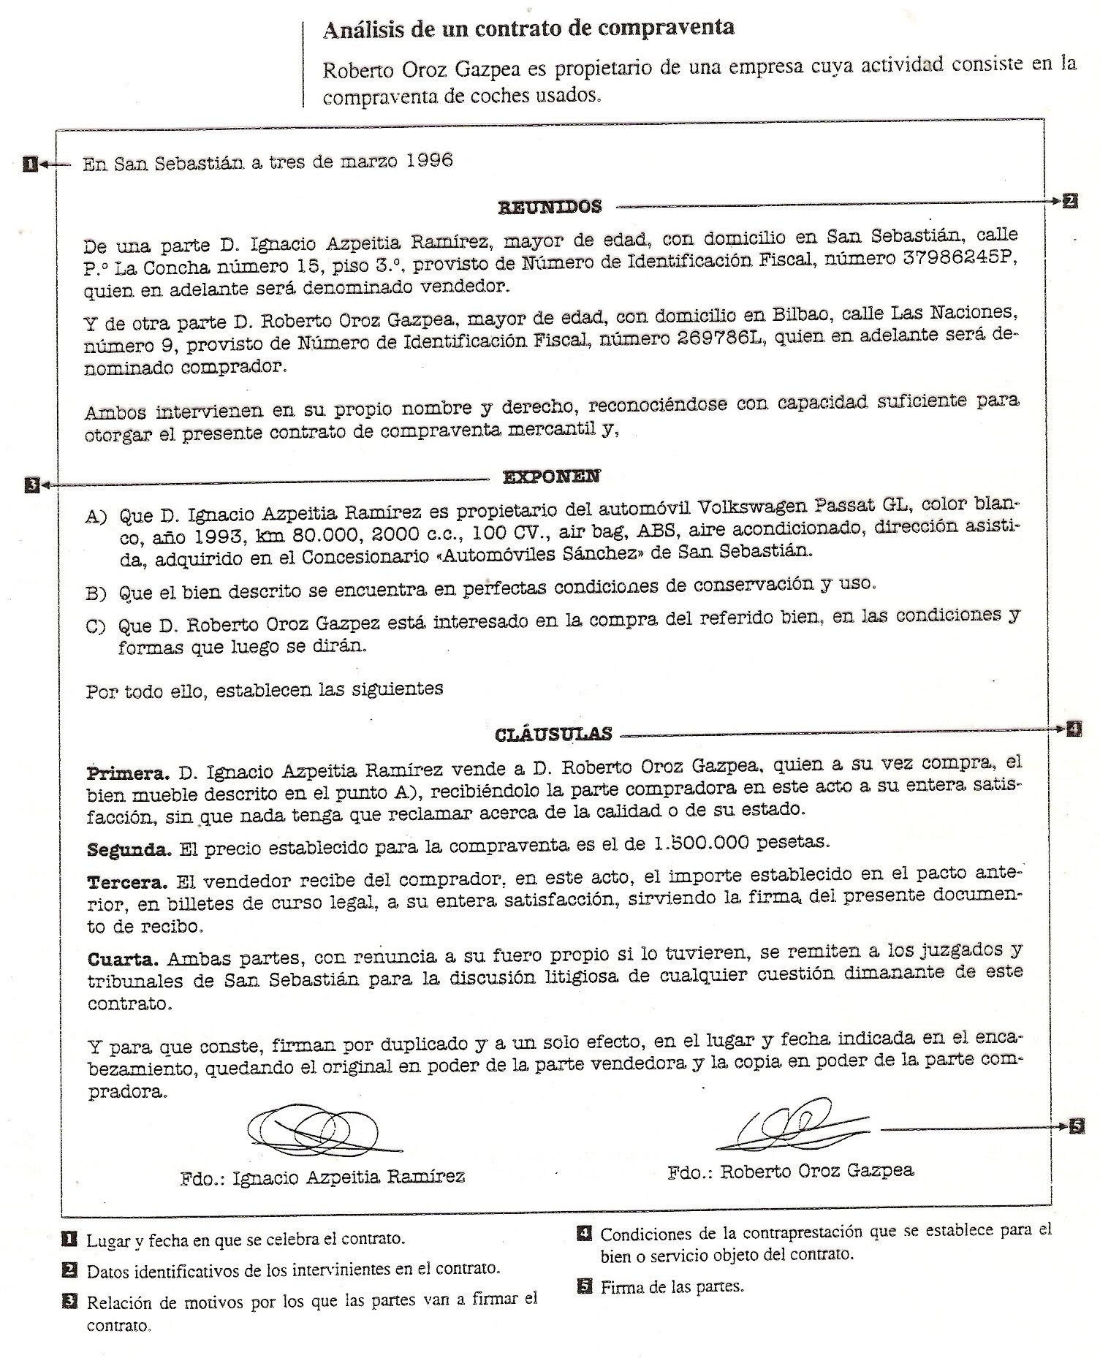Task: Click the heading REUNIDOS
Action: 550,207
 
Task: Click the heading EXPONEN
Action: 551,477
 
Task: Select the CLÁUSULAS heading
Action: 553,734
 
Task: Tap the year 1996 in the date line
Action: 429,160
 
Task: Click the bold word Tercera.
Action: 127,882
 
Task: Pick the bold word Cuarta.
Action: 122,959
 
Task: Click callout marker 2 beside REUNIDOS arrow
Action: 1069,201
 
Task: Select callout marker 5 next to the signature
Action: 1077,1126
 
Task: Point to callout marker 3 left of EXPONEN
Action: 31,484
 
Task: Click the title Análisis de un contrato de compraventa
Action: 528,29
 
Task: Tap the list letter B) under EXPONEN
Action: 96,593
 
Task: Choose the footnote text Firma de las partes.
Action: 672,1286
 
